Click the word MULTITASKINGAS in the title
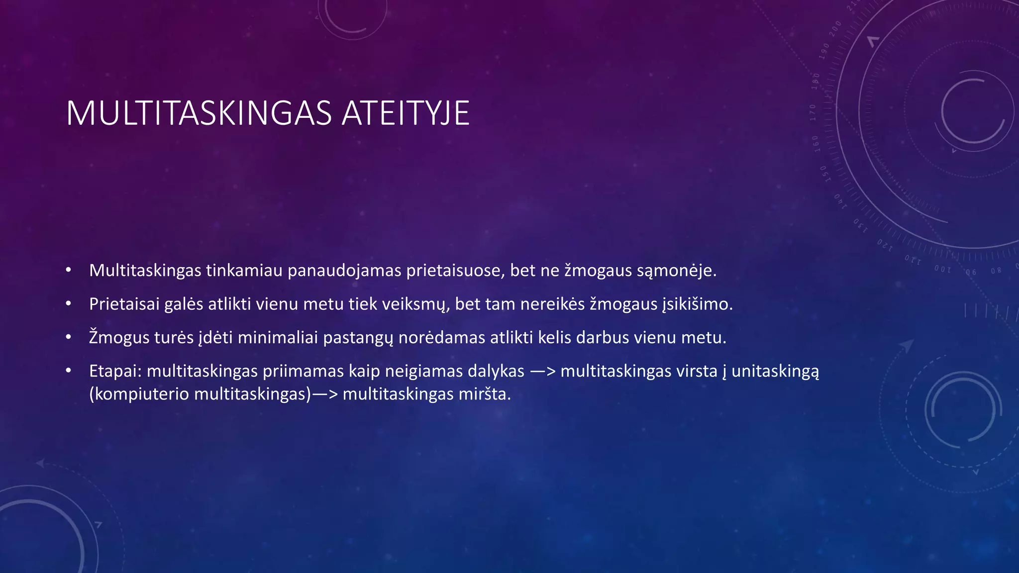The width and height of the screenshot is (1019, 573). (x=199, y=113)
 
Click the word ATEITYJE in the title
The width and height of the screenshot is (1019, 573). (x=406, y=113)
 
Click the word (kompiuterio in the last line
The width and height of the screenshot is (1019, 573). (x=139, y=394)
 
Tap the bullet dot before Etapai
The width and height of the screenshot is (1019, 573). (x=69, y=371)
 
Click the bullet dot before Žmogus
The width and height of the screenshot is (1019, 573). (x=69, y=337)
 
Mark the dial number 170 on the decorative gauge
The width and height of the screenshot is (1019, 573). (x=813, y=112)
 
